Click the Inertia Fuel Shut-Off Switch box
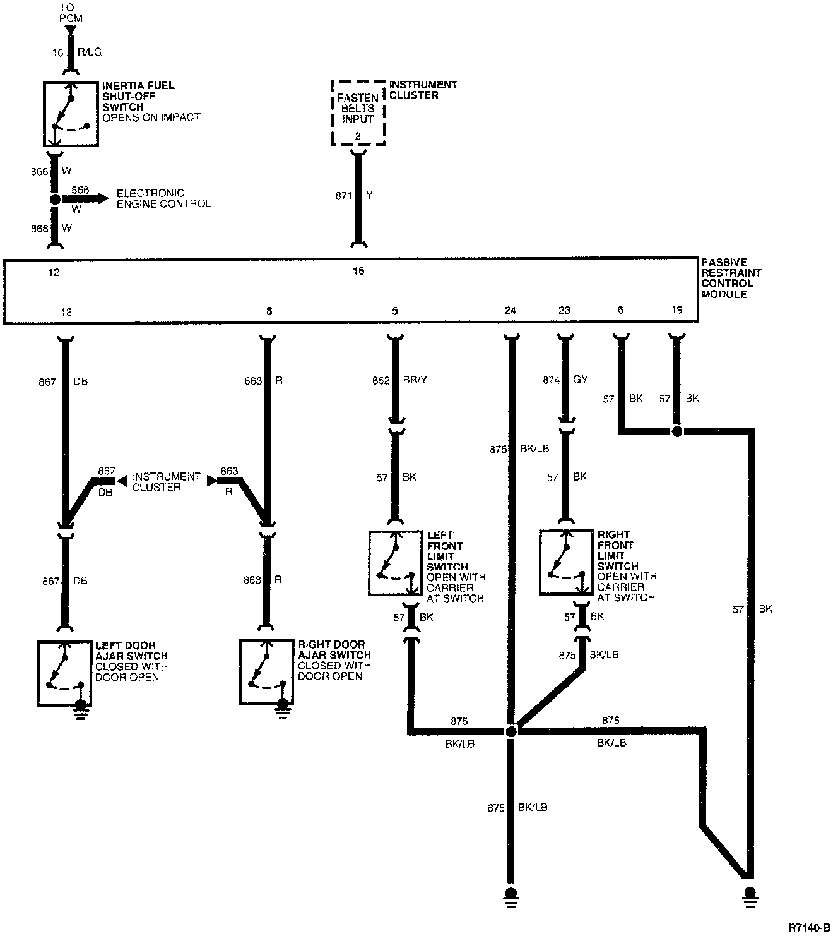71,114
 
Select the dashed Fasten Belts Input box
358,112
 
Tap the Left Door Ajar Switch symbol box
64,673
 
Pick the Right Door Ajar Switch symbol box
266,672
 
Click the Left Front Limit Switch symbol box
396,563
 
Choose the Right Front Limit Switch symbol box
566,563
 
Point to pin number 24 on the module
510,311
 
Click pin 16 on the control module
358,271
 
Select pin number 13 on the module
66,312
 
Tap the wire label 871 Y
354,196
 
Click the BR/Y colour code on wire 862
415,381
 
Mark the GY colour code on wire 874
581,380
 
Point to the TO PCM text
71,13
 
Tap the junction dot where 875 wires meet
511,731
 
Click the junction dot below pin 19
676,432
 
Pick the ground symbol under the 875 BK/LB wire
511,895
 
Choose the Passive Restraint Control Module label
731,279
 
